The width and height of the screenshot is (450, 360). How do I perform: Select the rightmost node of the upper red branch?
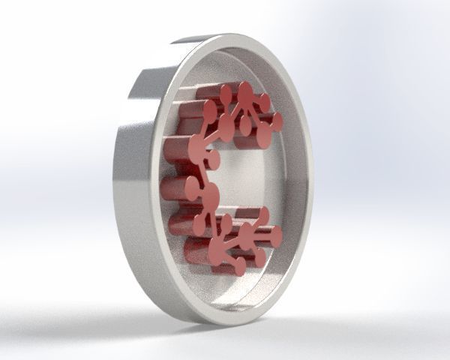(x=277, y=120)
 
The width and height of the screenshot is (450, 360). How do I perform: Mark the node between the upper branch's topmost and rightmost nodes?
(x=263, y=103)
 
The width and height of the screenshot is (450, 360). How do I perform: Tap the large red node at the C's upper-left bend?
(x=199, y=143)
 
